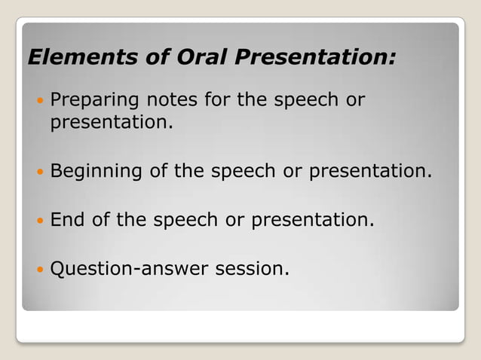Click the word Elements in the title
click(72, 57)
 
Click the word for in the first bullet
click(220, 102)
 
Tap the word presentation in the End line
click(312, 221)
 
